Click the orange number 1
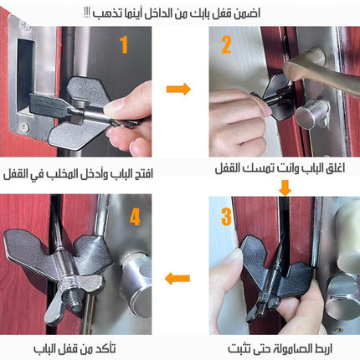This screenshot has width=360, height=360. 124,44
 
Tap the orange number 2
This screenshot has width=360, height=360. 226,44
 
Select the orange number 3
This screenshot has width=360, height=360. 226,217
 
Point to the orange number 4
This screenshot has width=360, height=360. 135,217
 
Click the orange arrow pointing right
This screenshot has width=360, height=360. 178,89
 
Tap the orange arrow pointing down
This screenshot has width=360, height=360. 285,188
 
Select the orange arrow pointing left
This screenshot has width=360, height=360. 177,278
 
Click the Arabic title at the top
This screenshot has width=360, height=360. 172,13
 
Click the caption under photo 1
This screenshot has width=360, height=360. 78,174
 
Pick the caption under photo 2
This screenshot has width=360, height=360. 280,168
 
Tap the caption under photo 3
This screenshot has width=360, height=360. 280,348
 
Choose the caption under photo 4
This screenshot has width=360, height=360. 75,348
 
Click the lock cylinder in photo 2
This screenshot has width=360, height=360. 311,114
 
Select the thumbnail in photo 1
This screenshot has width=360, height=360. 115,107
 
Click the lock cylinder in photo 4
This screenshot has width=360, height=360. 136,282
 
